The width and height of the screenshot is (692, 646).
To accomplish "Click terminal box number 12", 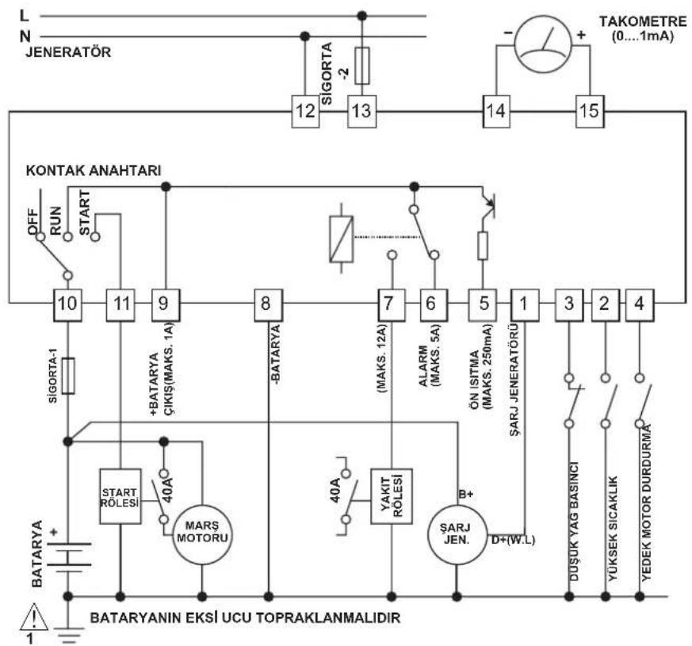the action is pos(305,111).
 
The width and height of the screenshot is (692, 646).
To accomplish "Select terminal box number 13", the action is pos(362,111).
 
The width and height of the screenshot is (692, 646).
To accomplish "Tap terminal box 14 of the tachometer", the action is pos(496,111).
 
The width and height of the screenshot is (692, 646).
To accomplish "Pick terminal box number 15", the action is pos(590,111).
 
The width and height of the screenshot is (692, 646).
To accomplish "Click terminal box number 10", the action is pos(67,304).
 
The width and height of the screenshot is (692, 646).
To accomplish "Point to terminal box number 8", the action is pos(269,304).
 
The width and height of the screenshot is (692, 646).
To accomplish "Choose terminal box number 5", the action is pos(483,304).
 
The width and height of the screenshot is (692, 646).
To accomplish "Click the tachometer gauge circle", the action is pos(543,44).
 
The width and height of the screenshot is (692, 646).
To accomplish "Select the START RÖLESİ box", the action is pos(120,496).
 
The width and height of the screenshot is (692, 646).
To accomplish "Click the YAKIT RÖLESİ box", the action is pos(392,496).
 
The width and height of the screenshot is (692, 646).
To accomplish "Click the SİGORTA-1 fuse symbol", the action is pos(68,376).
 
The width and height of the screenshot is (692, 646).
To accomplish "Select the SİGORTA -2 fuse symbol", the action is pos(362,66).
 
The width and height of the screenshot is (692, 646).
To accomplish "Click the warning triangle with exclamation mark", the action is pos(34,617).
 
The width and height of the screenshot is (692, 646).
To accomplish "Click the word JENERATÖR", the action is pos(68,52).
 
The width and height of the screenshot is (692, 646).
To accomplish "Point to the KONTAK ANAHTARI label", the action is pos(94,170).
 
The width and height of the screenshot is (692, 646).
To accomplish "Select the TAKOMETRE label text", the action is pos(643,21).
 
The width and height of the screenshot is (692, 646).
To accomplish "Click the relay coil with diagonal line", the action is pos(341,239).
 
